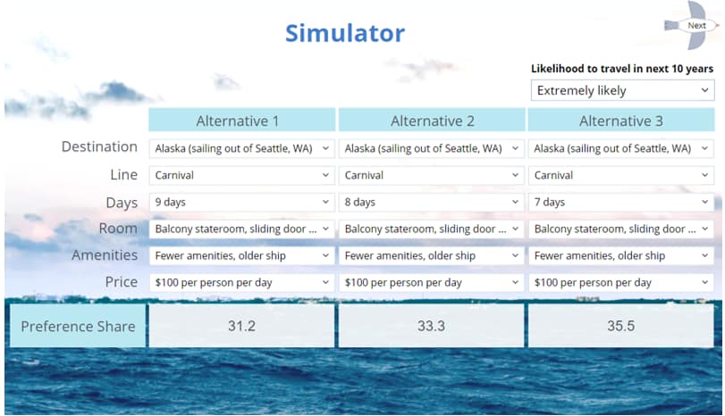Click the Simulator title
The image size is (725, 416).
pos(345,34)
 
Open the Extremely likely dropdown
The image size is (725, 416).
pos(622,90)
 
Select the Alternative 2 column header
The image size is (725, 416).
pos(432,121)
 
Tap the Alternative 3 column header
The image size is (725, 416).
pos(620,121)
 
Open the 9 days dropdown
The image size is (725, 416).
pos(241,202)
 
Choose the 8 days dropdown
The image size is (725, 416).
pos(432,202)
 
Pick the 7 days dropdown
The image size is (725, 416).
pos(621,202)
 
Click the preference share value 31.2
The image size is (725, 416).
pos(241,326)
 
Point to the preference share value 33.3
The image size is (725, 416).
pos(432,326)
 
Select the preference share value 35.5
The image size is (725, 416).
pos(621,326)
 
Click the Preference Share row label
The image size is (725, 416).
pos(78,326)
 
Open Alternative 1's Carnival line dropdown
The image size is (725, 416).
pos(241,175)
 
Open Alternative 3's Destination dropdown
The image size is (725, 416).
pos(621,148)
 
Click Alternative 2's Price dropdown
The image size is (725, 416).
pos(432,282)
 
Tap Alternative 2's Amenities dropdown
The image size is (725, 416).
pos(432,255)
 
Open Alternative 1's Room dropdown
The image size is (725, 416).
pos(241,229)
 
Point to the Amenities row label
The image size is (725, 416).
pos(105,255)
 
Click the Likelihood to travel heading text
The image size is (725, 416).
pos(622,69)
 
